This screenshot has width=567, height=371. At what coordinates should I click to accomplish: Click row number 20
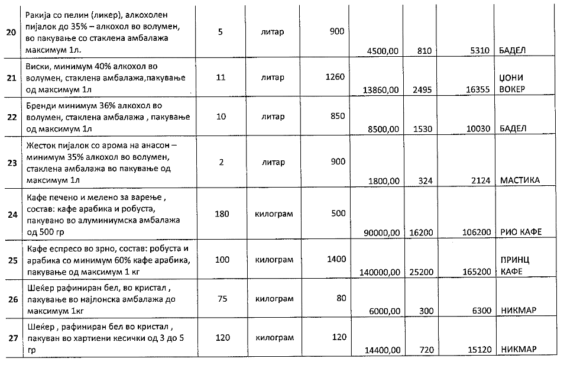point(11,32)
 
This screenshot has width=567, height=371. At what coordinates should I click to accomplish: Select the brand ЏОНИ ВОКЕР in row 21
point(513,83)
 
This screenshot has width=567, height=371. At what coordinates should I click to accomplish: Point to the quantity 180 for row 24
point(222,214)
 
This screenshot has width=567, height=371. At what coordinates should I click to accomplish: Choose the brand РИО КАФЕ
point(521,232)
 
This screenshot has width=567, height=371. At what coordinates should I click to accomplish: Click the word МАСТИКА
point(520,180)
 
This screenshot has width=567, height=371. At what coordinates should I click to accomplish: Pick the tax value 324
point(425,180)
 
